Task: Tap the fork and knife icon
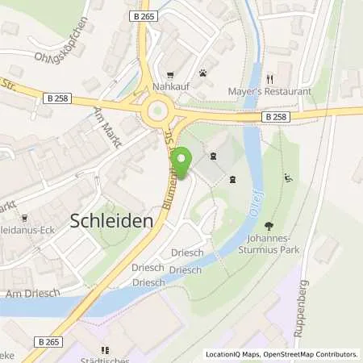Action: point(271,79)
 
